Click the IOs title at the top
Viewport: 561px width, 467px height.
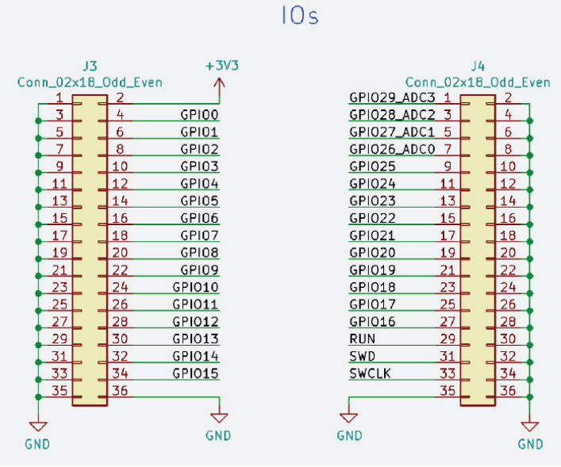[x=299, y=16]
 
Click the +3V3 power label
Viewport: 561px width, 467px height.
[x=221, y=66]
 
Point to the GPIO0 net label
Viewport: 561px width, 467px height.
[x=199, y=114]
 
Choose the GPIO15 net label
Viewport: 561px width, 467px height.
[x=195, y=373]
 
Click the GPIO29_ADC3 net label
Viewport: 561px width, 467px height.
[x=392, y=97]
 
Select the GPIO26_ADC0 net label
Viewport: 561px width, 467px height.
[x=392, y=148]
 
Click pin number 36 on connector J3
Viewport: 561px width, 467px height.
[x=121, y=390]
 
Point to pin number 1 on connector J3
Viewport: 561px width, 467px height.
[x=60, y=98]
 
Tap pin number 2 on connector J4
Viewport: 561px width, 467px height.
[x=508, y=98]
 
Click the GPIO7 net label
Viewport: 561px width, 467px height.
[x=199, y=235]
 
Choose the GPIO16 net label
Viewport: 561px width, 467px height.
[x=372, y=321]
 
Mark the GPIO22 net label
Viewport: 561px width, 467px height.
[x=372, y=218]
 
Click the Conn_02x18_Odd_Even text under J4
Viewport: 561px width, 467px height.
[x=478, y=82]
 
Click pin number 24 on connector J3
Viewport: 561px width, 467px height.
[x=121, y=287]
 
